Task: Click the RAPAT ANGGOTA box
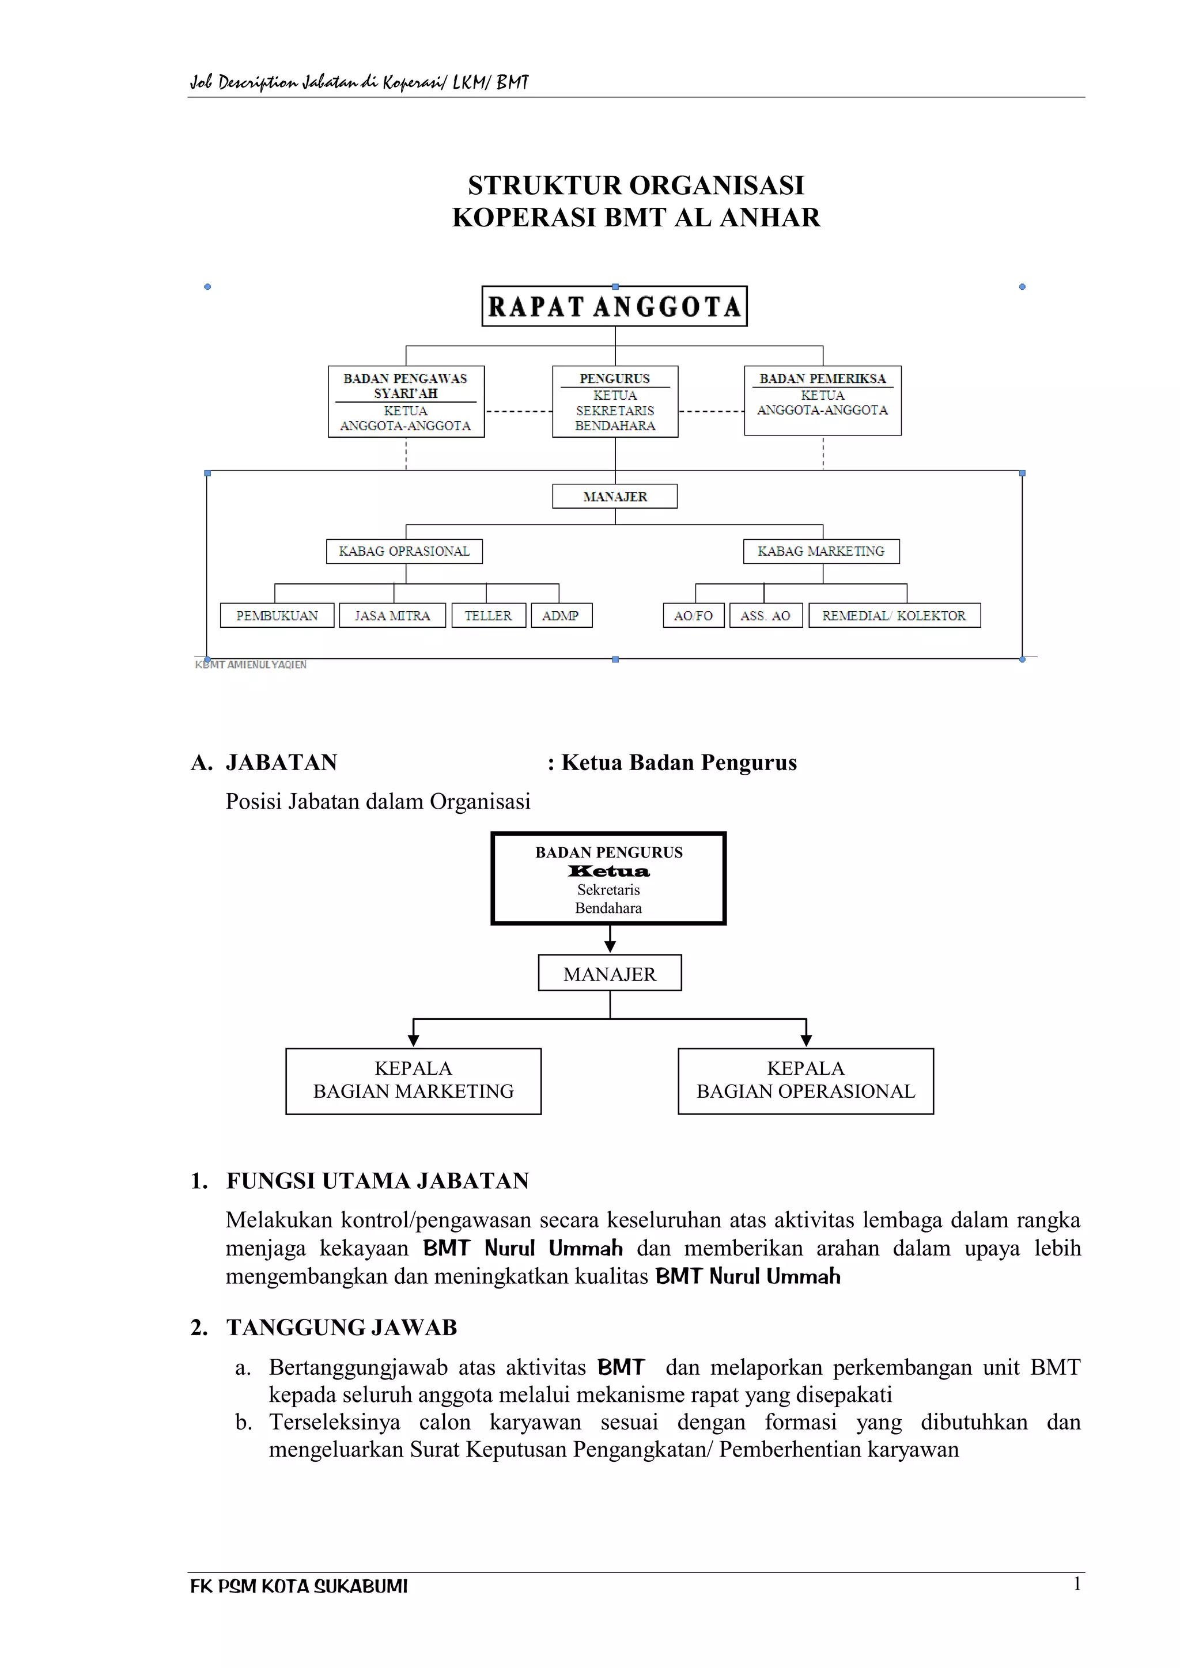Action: tap(614, 306)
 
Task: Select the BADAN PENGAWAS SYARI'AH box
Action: tap(406, 401)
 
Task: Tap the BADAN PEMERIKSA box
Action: tap(823, 400)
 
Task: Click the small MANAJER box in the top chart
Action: tap(615, 496)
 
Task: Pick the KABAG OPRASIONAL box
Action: tap(404, 551)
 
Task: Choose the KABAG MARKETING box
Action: tap(821, 551)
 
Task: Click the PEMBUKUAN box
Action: tap(277, 615)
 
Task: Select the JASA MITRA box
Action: tap(392, 615)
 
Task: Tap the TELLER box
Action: tap(488, 615)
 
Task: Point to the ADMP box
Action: tap(561, 615)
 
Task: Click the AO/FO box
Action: tap(693, 615)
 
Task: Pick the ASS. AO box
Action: tap(765, 615)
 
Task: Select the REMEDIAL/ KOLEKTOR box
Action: tap(894, 615)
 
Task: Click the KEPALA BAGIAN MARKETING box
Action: tap(414, 1081)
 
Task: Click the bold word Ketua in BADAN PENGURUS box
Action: tap(609, 871)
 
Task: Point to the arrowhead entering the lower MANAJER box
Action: tap(610, 947)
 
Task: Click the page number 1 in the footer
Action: tap(1077, 1584)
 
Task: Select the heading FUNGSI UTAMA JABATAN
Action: tap(377, 1181)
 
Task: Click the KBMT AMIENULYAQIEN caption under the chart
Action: tap(251, 665)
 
